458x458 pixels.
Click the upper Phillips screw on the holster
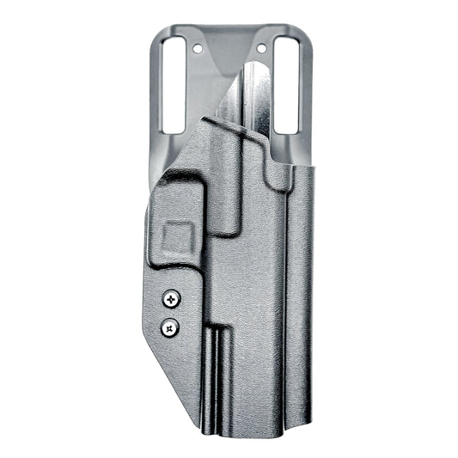click(x=172, y=298)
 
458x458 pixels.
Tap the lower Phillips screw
click(x=171, y=326)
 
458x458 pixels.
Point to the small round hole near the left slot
click(x=198, y=50)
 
